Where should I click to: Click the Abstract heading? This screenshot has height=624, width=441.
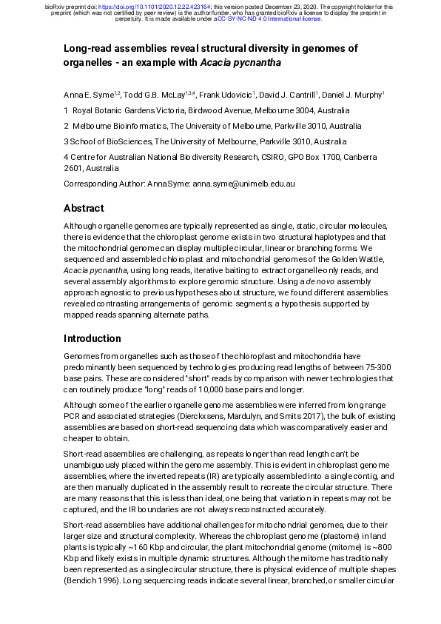(83, 208)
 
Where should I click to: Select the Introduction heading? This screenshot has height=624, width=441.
(92, 338)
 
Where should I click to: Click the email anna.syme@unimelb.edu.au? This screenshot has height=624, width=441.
(245, 184)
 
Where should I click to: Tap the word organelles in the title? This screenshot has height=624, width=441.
(89, 63)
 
